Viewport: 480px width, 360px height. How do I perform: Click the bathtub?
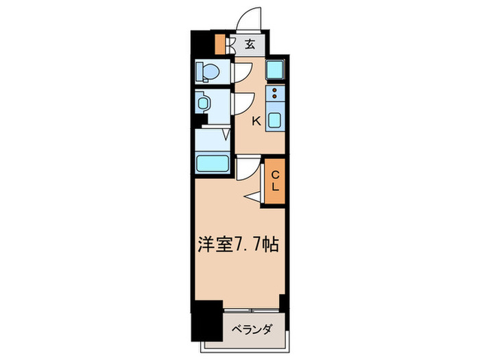click(x=213, y=163)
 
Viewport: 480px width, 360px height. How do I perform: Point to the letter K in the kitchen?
click(x=255, y=122)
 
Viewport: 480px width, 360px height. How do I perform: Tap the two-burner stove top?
click(x=274, y=93)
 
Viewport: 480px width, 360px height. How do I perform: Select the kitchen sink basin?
click(x=274, y=121)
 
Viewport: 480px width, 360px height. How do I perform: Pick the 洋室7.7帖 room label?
click(x=237, y=244)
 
